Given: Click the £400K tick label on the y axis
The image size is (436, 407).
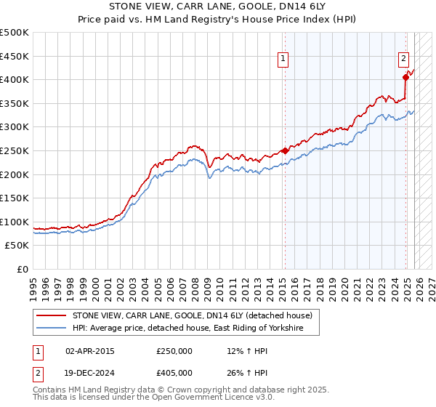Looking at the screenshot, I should pyautogui.click(x=15, y=80).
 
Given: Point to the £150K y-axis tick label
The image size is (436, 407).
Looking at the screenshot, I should pyautogui.click(x=15, y=198).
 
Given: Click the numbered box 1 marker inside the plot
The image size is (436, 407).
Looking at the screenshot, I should pyautogui.click(x=283, y=60).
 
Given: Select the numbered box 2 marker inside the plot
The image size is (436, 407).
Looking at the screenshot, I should pyautogui.click(x=403, y=60).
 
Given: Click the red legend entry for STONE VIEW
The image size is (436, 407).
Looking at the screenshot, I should pyautogui.click(x=192, y=315).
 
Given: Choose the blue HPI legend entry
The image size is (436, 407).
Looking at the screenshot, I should pyautogui.click(x=195, y=329).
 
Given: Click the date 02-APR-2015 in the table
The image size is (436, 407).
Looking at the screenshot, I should pyautogui.click(x=90, y=351).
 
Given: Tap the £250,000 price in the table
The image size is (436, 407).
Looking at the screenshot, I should pyautogui.click(x=174, y=351).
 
